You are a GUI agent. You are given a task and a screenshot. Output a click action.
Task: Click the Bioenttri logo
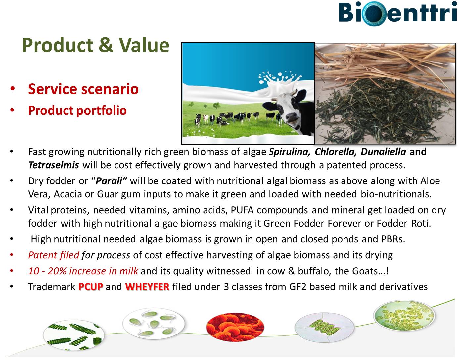(x=397, y=13)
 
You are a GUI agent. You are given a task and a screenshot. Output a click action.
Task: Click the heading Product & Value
(x=96, y=45)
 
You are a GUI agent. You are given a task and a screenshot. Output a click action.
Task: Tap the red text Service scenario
(x=83, y=89)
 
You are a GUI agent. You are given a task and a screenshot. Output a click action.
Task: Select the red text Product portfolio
(x=77, y=110)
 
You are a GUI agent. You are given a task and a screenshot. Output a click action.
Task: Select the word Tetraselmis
(x=54, y=165)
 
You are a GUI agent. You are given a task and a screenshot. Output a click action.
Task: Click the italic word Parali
(x=109, y=181)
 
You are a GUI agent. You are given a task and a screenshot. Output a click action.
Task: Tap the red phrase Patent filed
(x=54, y=255)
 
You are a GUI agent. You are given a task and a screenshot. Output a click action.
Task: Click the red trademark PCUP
(x=91, y=287)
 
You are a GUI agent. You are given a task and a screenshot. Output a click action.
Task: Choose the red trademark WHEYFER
(x=147, y=287)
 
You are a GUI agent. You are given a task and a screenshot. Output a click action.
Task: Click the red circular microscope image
(x=235, y=327)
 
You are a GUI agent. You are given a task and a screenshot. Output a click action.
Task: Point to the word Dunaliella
(x=383, y=152)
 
